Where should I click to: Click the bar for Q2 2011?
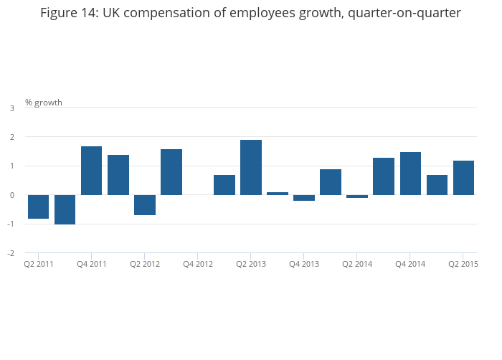(x=39, y=207)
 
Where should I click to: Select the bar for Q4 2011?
(x=91, y=171)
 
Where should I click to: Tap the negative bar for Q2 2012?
(x=145, y=205)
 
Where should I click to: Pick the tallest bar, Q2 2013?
(x=251, y=167)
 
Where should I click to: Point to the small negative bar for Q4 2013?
(x=304, y=198)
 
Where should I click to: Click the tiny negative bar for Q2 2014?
(x=357, y=196)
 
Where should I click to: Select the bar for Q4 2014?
(x=410, y=174)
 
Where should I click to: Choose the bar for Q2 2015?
(x=463, y=178)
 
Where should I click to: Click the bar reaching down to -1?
(x=65, y=209)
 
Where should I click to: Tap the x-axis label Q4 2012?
(x=198, y=264)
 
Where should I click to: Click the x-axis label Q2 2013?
(x=251, y=264)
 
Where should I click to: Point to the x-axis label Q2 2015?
(x=463, y=264)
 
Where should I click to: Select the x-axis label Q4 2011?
(x=92, y=264)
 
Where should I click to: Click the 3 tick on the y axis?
(x=12, y=108)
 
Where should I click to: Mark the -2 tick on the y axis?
(x=11, y=253)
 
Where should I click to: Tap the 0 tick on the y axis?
(x=12, y=195)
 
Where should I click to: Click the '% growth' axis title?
(x=44, y=103)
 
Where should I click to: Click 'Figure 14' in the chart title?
(x=69, y=13)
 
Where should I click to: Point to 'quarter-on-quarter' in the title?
(x=404, y=14)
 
